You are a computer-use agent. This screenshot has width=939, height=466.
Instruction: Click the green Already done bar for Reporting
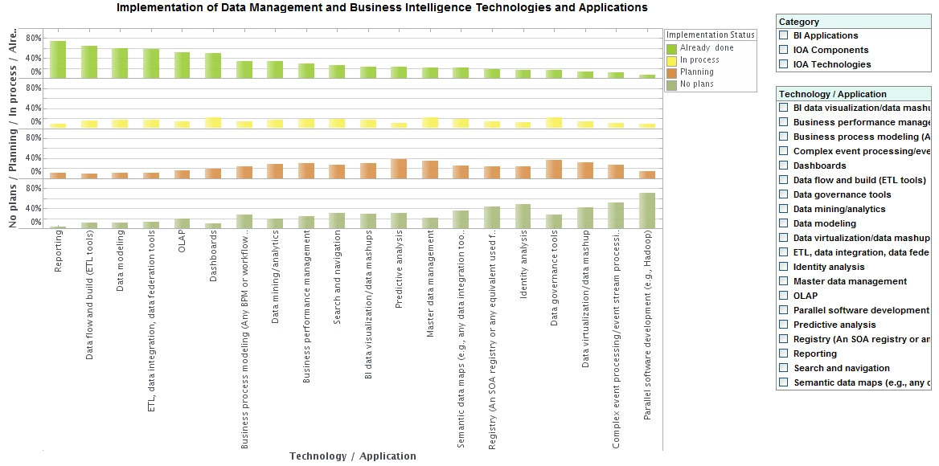coord(58,59)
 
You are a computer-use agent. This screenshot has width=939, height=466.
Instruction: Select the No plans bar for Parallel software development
coord(647,211)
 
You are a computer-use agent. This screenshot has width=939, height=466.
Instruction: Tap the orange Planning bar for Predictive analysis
coord(399,169)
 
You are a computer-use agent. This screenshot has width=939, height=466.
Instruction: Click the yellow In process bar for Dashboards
coord(213,123)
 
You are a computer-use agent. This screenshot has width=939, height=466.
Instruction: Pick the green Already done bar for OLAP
coord(182,64)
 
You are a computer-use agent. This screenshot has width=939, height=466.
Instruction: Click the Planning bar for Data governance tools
coord(554,169)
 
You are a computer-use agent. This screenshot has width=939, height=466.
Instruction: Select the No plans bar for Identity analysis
coord(523,216)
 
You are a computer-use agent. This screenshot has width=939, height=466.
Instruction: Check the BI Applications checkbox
coord(784,35)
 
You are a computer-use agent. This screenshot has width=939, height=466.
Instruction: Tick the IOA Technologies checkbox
coord(784,64)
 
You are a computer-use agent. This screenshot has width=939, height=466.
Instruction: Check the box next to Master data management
coord(784,281)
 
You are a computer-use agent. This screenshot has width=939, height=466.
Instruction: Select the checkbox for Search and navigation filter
coord(784,368)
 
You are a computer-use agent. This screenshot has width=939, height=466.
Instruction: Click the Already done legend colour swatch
coord(672,49)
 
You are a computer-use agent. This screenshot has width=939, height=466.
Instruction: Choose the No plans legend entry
coord(696,84)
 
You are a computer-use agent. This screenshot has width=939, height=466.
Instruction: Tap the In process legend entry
coord(699,60)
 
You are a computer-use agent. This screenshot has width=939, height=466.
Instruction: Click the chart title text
coord(382,8)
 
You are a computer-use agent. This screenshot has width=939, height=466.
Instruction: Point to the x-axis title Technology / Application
coord(353,456)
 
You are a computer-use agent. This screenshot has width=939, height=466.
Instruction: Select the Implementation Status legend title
coord(711,35)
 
